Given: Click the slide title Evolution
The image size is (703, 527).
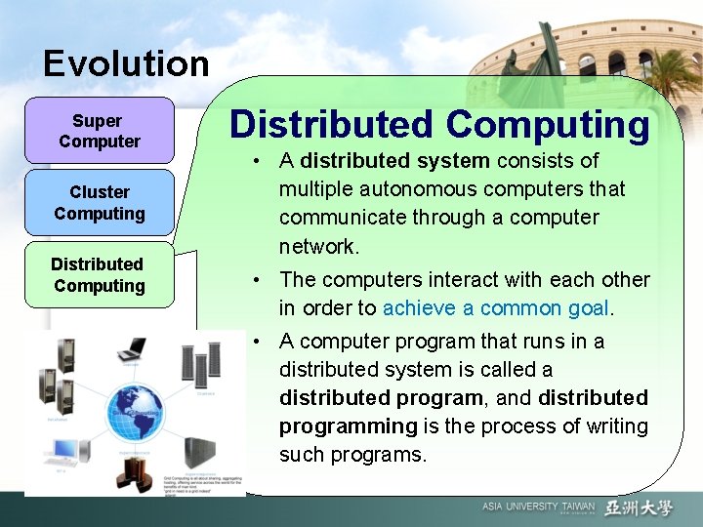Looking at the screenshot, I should pyautogui.click(x=126, y=64).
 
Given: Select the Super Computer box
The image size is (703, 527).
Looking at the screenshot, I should pyautogui.click(x=100, y=131).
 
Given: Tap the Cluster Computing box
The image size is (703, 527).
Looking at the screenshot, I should pyautogui.click(x=100, y=203).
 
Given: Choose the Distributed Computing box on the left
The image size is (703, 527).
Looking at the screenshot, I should pyautogui.click(x=99, y=275).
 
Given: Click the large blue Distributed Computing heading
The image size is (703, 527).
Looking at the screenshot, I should pyautogui.click(x=439, y=125).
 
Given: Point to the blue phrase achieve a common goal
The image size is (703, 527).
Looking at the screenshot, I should pyautogui.click(x=496, y=308).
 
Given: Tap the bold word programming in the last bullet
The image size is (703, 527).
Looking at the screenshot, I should pyautogui.click(x=348, y=426).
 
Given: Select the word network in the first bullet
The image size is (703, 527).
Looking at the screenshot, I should pyautogui.click(x=318, y=246).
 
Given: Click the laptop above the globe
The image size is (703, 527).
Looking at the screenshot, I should pyautogui.click(x=131, y=348).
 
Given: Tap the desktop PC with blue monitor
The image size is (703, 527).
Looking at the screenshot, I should pyautogui.click(x=63, y=451).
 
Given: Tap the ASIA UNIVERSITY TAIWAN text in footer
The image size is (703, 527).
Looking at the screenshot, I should pyautogui.click(x=537, y=507).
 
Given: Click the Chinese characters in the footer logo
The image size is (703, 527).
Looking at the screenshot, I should pyautogui.click(x=639, y=507).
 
